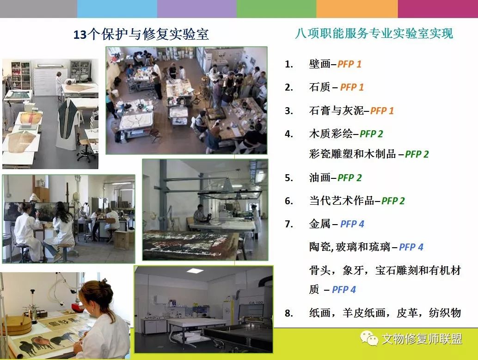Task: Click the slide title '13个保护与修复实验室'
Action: tap(141, 35)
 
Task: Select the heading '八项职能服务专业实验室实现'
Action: tap(374, 34)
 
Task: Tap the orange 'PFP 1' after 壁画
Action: tap(349, 64)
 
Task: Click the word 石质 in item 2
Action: tap(319, 87)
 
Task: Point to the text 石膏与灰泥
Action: tap(337, 110)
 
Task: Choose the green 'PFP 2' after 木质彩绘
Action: tap(371, 134)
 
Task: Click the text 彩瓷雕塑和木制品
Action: tap(352, 154)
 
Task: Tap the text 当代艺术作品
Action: tap(342, 201)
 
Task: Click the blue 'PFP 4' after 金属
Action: tap(352, 224)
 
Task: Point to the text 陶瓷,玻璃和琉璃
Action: tap(349, 247)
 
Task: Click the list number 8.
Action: tap(288, 313)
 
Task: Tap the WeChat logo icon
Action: tap(369, 338)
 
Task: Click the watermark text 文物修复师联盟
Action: tap(422, 339)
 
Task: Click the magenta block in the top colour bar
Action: tap(438, 9)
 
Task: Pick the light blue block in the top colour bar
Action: tap(117, 9)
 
